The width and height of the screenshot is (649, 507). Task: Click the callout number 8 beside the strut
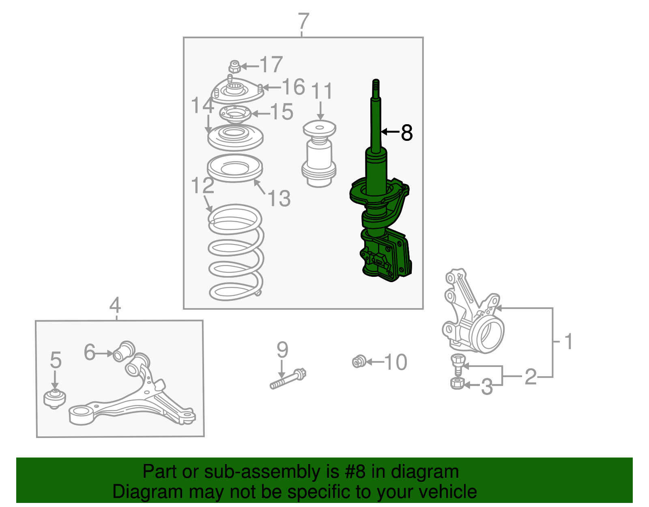pos(406,133)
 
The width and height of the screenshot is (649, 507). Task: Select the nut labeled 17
pos(235,67)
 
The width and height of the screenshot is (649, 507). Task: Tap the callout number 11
pos(322,91)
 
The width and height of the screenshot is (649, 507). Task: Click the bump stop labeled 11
pos(319,153)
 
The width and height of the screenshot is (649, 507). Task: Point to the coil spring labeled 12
pos(236,252)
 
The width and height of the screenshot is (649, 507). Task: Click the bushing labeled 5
pos(54,399)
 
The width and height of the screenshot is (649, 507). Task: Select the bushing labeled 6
pos(124,351)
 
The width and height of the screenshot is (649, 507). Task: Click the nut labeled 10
pos(359,362)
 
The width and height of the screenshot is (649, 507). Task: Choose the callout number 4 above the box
pos(115,305)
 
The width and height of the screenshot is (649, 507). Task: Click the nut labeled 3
pos(457,383)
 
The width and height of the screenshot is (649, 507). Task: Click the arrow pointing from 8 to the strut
pos(390,132)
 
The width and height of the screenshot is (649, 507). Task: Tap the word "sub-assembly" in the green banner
pos(271,472)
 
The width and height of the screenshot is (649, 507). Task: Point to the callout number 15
pos(282,112)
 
